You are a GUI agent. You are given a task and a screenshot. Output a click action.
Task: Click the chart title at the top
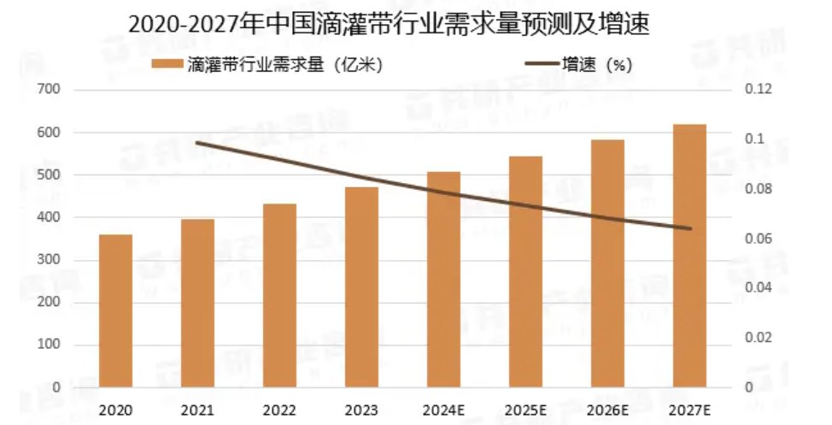click(389, 24)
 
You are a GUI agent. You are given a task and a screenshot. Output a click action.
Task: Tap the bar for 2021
click(197, 303)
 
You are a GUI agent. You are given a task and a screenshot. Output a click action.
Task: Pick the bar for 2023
click(361, 286)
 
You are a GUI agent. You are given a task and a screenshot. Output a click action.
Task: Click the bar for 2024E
click(443, 279)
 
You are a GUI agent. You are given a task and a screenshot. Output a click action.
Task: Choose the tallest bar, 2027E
click(689, 256)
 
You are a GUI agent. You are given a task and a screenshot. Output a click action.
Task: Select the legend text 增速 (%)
click(596, 65)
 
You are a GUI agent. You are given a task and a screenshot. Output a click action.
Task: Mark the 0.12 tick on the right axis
click(759, 90)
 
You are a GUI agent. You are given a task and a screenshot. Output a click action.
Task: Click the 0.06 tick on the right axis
click(759, 239)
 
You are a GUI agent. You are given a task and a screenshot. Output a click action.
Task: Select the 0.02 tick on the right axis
click(759, 338)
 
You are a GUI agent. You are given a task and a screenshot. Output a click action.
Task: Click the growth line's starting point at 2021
click(197, 143)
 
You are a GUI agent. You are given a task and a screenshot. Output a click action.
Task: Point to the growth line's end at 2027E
click(689, 228)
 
